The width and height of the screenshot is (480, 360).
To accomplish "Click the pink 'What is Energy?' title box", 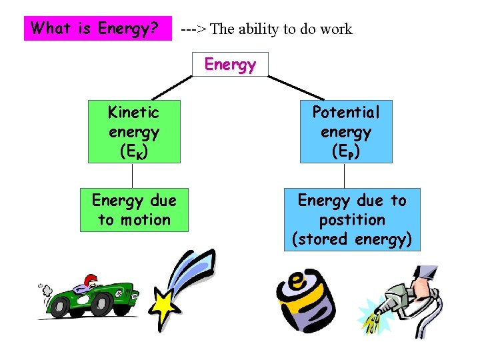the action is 97,29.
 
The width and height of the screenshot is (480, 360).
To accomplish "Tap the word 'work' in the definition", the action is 335,29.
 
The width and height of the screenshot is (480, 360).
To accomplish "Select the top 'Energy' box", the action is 230,65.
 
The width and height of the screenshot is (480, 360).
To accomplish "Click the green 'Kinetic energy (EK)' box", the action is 133,131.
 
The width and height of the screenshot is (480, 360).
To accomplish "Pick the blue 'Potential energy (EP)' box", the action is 345,131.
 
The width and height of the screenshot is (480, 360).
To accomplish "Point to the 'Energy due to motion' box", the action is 134,209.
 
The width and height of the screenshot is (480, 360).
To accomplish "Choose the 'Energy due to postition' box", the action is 351,219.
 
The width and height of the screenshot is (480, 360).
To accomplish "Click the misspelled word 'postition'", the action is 352,219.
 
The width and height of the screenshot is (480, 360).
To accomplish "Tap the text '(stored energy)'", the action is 352,239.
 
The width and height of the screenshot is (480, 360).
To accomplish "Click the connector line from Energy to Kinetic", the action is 170,87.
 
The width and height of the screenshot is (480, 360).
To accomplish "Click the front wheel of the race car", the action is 101,305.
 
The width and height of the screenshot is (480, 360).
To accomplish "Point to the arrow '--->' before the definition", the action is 193,29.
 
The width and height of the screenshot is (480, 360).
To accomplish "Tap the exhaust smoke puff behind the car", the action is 45,289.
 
